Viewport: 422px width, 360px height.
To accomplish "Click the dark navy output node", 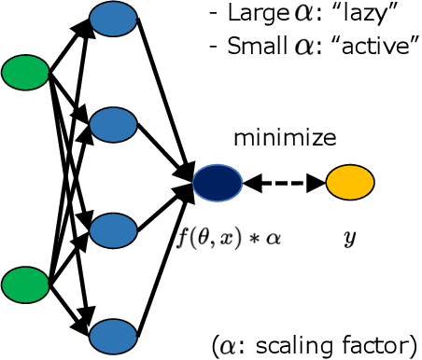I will click(218, 183).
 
